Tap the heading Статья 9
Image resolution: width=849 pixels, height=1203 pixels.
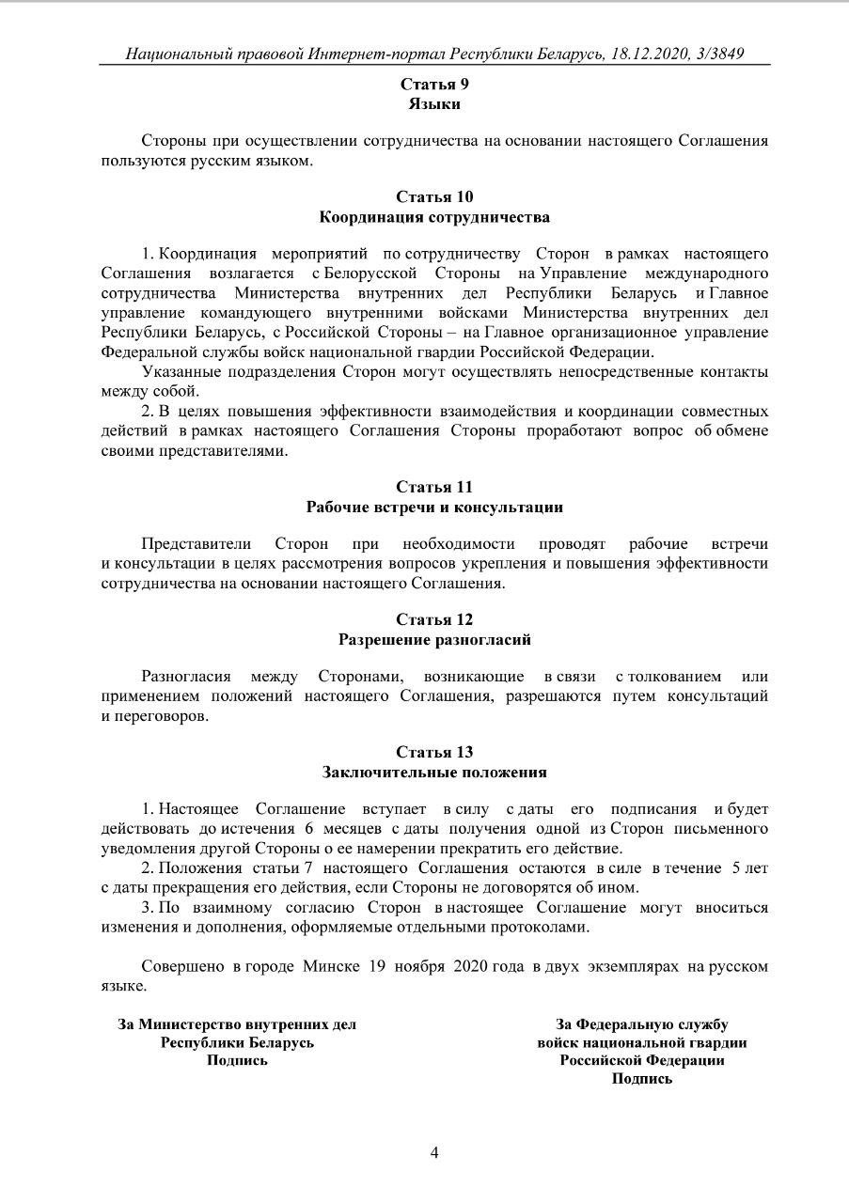click(x=434, y=85)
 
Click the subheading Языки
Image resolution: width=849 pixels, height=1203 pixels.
click(x=434, y=104)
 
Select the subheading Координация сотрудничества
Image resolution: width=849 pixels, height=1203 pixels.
click(x=434, y=217)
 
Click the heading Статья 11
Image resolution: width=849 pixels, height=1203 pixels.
click(x=434, y=487)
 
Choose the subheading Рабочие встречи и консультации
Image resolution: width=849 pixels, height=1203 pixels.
click(x=434, y=508)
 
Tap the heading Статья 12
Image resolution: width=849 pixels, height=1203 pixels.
click(x=434, y=619)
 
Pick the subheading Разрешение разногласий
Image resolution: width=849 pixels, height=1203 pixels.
click(x=434, y=640)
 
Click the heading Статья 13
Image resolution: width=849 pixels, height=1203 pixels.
click(x=434, y=752)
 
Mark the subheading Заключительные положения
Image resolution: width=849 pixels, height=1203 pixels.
click(x=434, y=773)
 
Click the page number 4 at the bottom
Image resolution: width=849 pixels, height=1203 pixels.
click(x=434, y=1153)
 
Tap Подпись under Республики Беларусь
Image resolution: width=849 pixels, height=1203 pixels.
click(x=237, y=1060)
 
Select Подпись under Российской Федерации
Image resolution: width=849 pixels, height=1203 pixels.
click(x=642, y=1079)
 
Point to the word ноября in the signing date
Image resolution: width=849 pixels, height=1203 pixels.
click(x=420, y=966)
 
